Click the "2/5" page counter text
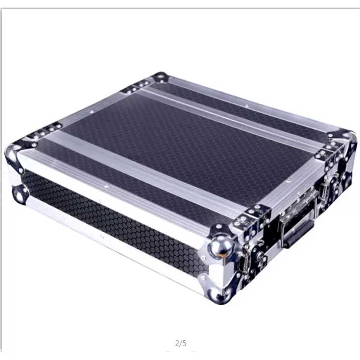[x=181, y=343]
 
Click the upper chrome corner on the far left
[x=14, y=156]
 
